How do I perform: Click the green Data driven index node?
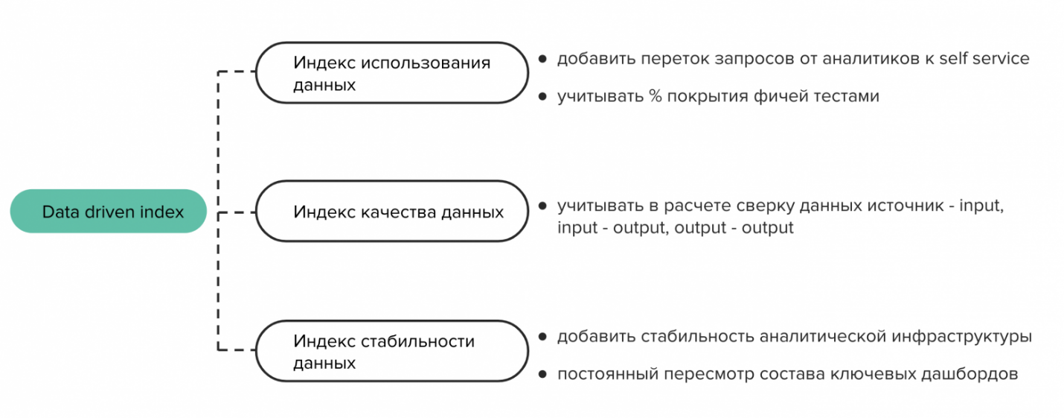(109, 211)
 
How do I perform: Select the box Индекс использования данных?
(392, 73)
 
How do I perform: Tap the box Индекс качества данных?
(392, 211)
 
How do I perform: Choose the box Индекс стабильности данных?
(392, 351)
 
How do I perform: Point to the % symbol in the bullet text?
(656, 96)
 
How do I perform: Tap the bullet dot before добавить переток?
(542, 59)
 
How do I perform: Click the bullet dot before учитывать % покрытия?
(542, 97)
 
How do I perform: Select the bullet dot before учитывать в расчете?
(542, 206)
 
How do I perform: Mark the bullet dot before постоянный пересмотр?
(542, 374)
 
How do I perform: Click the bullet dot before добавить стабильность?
(542, 337)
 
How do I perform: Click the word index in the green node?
(162, 212)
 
